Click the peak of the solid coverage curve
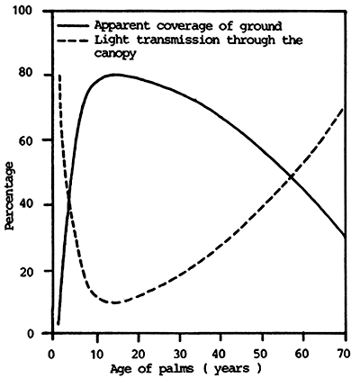click(x=115, y=74)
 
